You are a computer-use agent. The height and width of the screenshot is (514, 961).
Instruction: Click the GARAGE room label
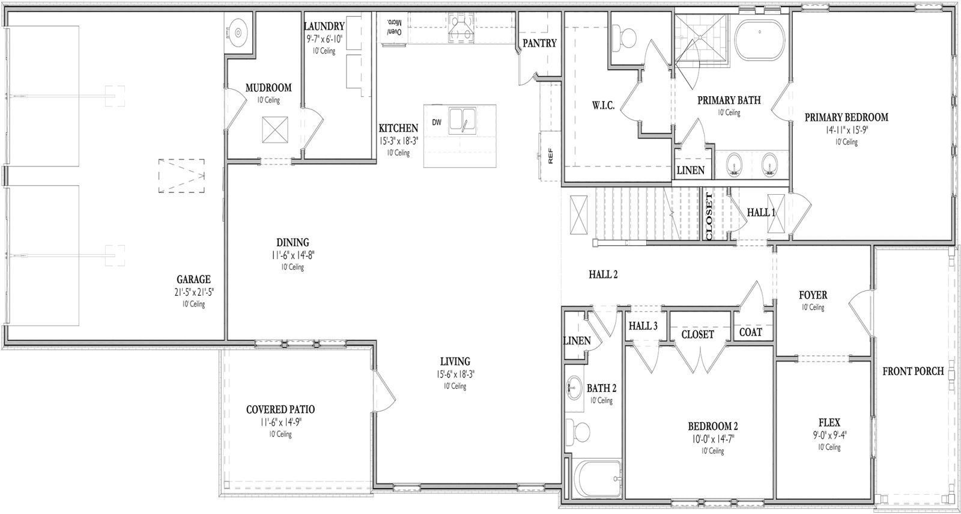[193, 279]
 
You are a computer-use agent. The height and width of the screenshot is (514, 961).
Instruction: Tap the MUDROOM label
[268, 88]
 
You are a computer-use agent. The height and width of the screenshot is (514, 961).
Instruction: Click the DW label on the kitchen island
[437, 123]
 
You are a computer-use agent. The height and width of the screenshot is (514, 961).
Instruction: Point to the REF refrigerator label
[550, 156]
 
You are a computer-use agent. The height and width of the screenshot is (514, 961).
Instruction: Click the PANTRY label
[539, 43]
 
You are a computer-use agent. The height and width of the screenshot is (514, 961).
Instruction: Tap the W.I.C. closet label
[602, 105]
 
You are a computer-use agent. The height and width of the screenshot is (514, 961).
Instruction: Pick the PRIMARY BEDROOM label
[846, 117]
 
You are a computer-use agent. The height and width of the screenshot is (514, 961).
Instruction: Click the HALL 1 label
[761, 212]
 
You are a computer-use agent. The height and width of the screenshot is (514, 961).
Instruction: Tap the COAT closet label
[750, 332]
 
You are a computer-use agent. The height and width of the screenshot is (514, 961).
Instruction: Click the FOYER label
[813, 295]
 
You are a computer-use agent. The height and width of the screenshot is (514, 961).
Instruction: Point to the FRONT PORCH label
[913, 371]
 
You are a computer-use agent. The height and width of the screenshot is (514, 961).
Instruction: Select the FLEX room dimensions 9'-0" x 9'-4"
[829, 435]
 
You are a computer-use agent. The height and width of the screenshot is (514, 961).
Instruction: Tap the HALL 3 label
[643, 326]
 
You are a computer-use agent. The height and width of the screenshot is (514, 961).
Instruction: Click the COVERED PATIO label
[280, 409]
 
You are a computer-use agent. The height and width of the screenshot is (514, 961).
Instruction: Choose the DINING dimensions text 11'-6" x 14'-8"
[293, 255]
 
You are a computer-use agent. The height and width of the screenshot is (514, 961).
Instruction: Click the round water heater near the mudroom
[238, 30]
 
